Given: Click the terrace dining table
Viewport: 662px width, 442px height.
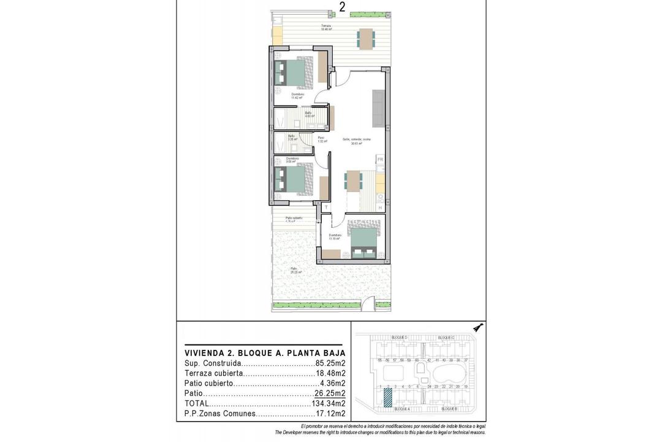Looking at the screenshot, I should tap(366, 39).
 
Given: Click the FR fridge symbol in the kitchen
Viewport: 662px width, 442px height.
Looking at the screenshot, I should tap(380, 160).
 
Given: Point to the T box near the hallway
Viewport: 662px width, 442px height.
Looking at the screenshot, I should tap(326, 207).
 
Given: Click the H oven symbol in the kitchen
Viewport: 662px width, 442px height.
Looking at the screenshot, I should tap(380, 207).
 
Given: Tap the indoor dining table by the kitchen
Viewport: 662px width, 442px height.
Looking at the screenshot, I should tap(354, 180).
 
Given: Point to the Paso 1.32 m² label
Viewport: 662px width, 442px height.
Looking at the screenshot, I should tap(322, 139).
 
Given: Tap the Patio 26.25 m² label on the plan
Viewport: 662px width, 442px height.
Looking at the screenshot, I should tap(295, 271).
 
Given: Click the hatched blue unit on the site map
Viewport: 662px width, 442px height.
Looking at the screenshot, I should tap(387, 398).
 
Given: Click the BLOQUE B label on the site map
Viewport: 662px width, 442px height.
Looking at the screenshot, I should tap(449, 408).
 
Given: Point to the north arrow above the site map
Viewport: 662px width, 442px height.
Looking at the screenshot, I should tap(478, 328).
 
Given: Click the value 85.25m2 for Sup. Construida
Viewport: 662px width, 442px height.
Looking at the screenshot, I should tap(330, 363).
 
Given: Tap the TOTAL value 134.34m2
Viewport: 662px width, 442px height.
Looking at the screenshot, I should tap(328, 403).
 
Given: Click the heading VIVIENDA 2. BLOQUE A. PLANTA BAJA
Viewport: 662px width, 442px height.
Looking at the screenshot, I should tap(265, 353).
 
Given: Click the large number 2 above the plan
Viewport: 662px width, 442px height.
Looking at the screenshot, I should tap(342, 7).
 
